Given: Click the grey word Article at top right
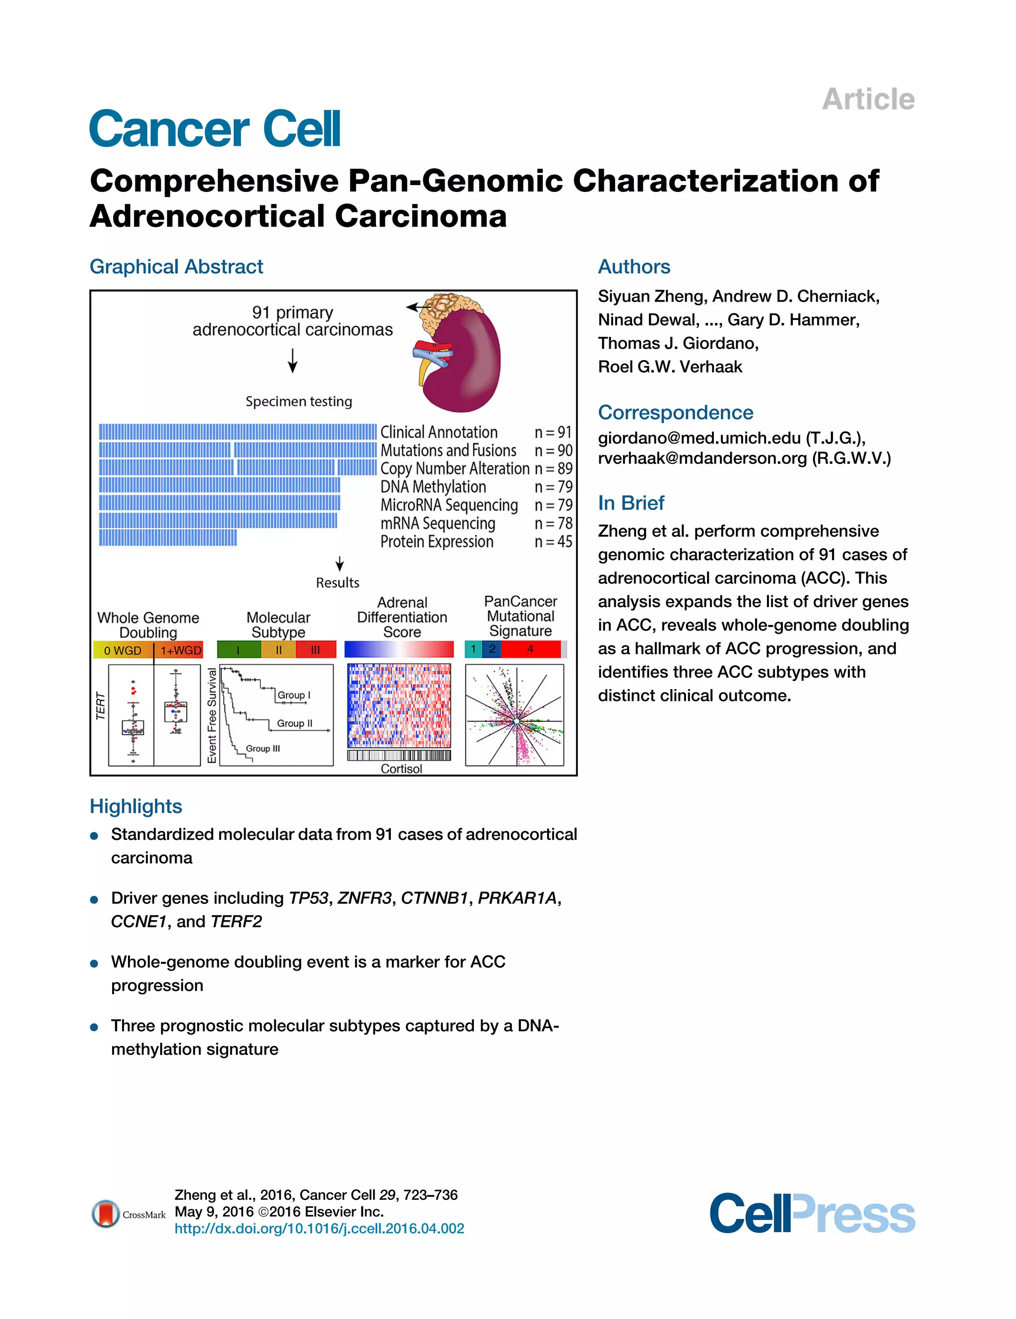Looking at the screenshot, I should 868,99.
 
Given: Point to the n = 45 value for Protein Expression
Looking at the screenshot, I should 553,542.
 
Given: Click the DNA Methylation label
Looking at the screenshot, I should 433,487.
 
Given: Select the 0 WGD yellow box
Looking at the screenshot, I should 123,650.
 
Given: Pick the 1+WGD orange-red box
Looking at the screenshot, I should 180,650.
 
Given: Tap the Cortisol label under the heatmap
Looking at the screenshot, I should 401,769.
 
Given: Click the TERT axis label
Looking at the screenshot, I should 101,706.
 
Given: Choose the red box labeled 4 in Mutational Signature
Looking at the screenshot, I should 530,649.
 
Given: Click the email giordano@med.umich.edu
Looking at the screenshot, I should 699,438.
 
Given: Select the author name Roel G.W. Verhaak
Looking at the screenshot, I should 670,367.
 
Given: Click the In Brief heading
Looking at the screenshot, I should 631,502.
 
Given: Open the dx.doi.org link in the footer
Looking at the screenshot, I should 319,1228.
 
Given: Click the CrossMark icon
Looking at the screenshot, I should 106,1213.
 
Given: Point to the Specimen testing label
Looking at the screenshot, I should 298,402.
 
